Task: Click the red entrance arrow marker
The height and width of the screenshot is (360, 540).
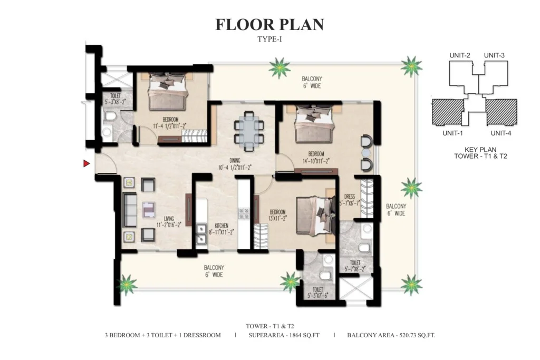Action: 86,163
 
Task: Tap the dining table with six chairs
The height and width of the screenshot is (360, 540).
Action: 249,131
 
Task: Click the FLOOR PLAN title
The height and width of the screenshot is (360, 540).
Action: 269,24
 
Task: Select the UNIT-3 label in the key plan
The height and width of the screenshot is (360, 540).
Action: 494,55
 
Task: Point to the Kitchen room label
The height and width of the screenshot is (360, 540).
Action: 221,226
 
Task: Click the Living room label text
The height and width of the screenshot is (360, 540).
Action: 169,219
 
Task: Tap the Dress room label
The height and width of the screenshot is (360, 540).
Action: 349,197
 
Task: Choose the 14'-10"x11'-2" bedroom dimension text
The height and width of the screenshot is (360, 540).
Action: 316,161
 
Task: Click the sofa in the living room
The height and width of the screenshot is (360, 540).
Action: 130,209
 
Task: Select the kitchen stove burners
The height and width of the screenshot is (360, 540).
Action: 244,213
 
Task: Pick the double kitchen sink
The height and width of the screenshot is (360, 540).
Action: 201,234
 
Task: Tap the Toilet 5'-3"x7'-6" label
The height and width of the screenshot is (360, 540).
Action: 317,293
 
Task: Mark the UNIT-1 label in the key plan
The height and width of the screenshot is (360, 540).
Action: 452,133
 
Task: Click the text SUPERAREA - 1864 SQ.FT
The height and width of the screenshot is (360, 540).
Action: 284,335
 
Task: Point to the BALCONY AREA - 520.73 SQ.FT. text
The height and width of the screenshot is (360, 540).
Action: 391,335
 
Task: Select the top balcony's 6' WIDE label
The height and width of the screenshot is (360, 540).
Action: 312,86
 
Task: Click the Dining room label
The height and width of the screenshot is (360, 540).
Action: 235,160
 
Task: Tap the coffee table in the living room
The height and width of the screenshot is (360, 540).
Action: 148,210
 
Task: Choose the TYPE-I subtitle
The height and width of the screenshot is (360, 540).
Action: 269,39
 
